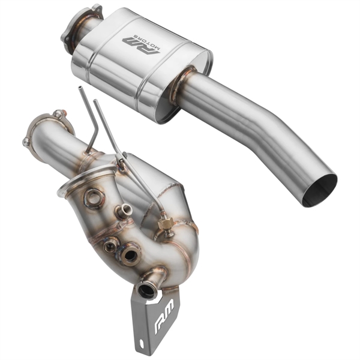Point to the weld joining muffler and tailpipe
(184, 82)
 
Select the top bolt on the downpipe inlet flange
(58, 113)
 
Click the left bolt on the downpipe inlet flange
(26, 142)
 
